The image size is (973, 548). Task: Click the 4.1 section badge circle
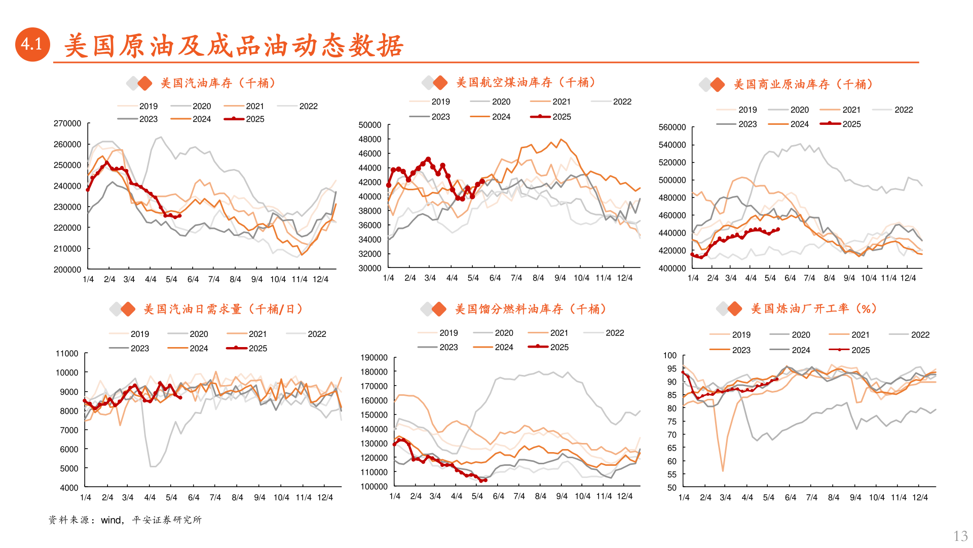[32, 45]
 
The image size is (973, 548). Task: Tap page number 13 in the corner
[960, 536]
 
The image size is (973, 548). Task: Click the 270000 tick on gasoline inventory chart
[67, 123]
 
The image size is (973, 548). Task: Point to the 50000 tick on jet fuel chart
[369, 125]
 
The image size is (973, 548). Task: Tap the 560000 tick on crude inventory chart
[672, 127]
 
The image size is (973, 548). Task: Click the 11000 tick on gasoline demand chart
[67, 354]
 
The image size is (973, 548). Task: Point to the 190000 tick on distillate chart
[373, 358]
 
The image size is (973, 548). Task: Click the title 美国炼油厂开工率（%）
[813, 309]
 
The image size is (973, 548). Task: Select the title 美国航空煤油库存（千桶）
[526, 82]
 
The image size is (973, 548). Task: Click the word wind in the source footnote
[110, 520]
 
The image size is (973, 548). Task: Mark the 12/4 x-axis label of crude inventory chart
[908, 278]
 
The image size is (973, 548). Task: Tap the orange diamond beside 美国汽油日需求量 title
[128, 309]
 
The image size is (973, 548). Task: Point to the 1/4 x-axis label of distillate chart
[395, 496]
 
